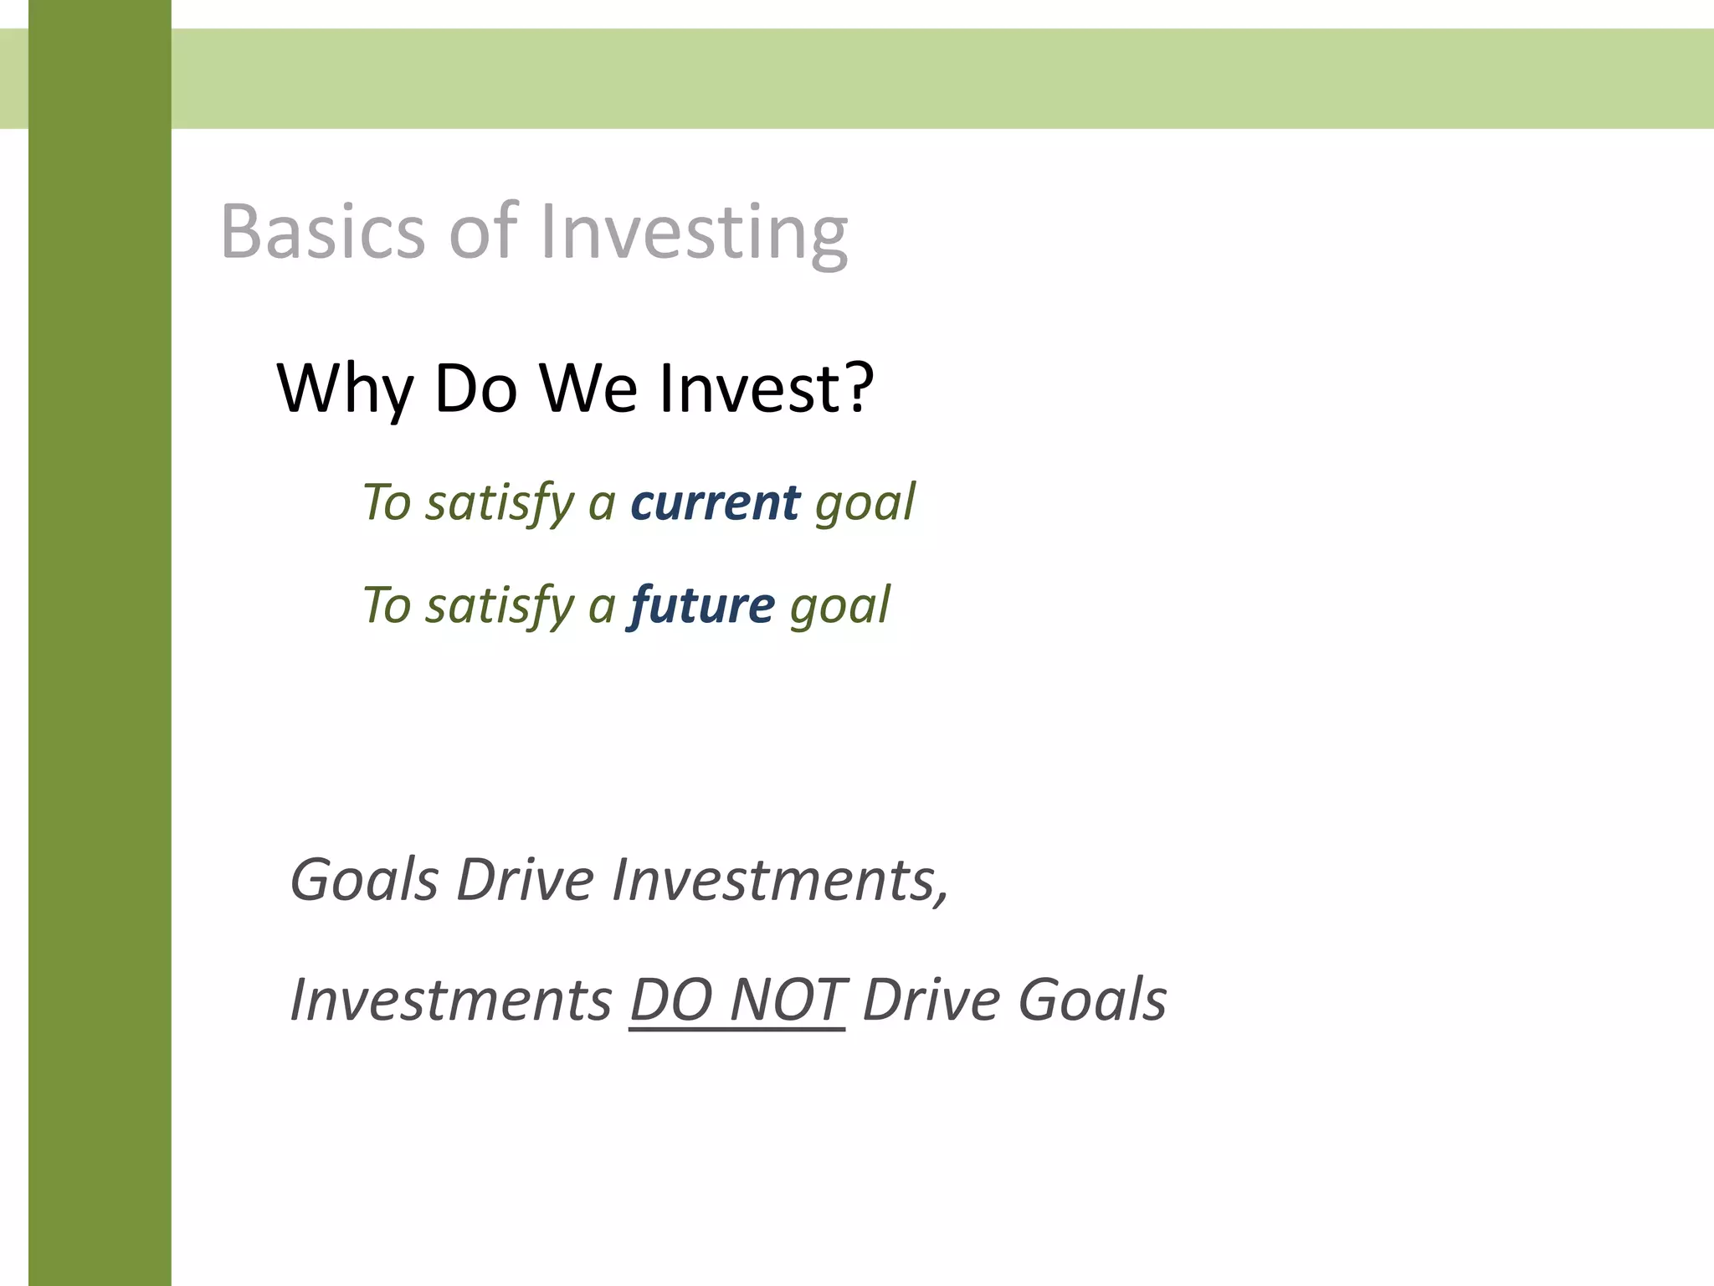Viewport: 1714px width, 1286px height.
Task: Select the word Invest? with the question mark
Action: coord(766,388)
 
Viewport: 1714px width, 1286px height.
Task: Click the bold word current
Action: coord(716,503)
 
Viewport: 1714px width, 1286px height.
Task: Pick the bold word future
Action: coord(702,605)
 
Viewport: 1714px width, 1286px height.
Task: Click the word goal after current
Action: coord(865,503)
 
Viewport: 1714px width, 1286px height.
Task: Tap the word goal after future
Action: coord(839,605)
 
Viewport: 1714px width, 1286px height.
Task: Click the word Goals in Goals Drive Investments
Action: coord(364,880)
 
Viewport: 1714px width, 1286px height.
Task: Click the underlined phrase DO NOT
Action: coord(736,1000)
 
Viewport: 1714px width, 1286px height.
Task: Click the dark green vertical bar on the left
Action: coord(100,670)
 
